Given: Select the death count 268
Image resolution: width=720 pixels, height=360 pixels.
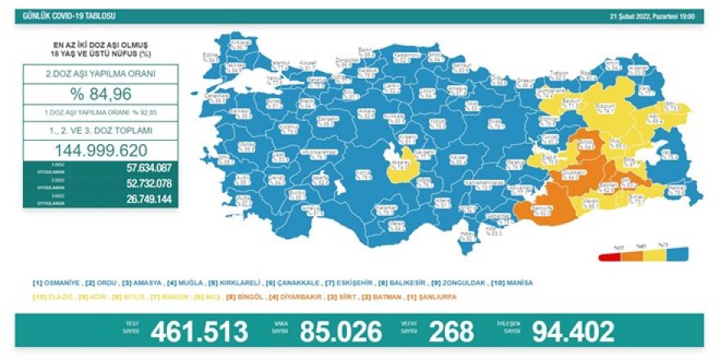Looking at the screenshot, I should tap(452, 331).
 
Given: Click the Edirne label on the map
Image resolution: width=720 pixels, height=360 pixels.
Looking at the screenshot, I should tap(215, 57).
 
